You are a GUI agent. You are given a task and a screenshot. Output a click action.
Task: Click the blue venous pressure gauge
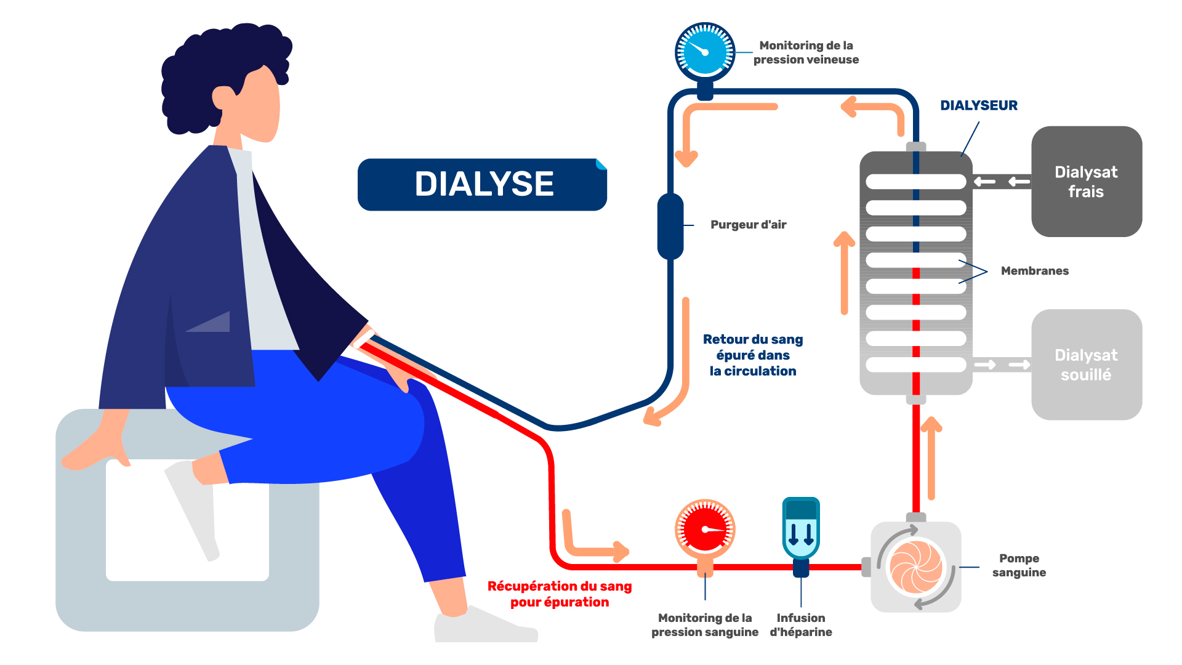point(705,52)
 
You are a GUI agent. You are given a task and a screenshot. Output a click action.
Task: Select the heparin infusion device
point(801,530)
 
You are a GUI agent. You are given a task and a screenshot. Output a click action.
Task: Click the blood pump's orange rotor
point(916,567)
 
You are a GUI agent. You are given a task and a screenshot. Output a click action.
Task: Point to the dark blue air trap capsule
point(670,226)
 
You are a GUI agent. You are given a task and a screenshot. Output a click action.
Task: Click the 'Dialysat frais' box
point(1087,182)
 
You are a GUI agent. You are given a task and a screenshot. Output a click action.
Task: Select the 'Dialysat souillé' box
point(1087,365)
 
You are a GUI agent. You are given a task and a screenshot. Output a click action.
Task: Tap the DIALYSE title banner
point(483,184)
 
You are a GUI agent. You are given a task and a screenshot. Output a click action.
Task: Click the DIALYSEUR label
point(979,105)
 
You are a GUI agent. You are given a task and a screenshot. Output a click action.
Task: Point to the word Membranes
point(1035,271)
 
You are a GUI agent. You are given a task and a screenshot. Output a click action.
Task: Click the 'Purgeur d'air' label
point(749,225)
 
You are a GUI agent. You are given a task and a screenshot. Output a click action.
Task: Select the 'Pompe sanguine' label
point(1019,565)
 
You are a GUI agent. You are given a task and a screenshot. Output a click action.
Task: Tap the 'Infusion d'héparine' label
point(801,625)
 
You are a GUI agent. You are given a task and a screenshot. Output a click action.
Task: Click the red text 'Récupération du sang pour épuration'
point(560,594)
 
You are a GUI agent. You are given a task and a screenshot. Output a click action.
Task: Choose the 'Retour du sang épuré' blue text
point(753,355)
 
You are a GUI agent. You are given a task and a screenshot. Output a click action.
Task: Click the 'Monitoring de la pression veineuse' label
point(806,52)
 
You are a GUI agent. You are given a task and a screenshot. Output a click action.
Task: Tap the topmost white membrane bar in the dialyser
point(915,182)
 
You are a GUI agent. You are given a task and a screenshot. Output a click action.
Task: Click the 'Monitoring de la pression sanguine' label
point(705,625)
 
